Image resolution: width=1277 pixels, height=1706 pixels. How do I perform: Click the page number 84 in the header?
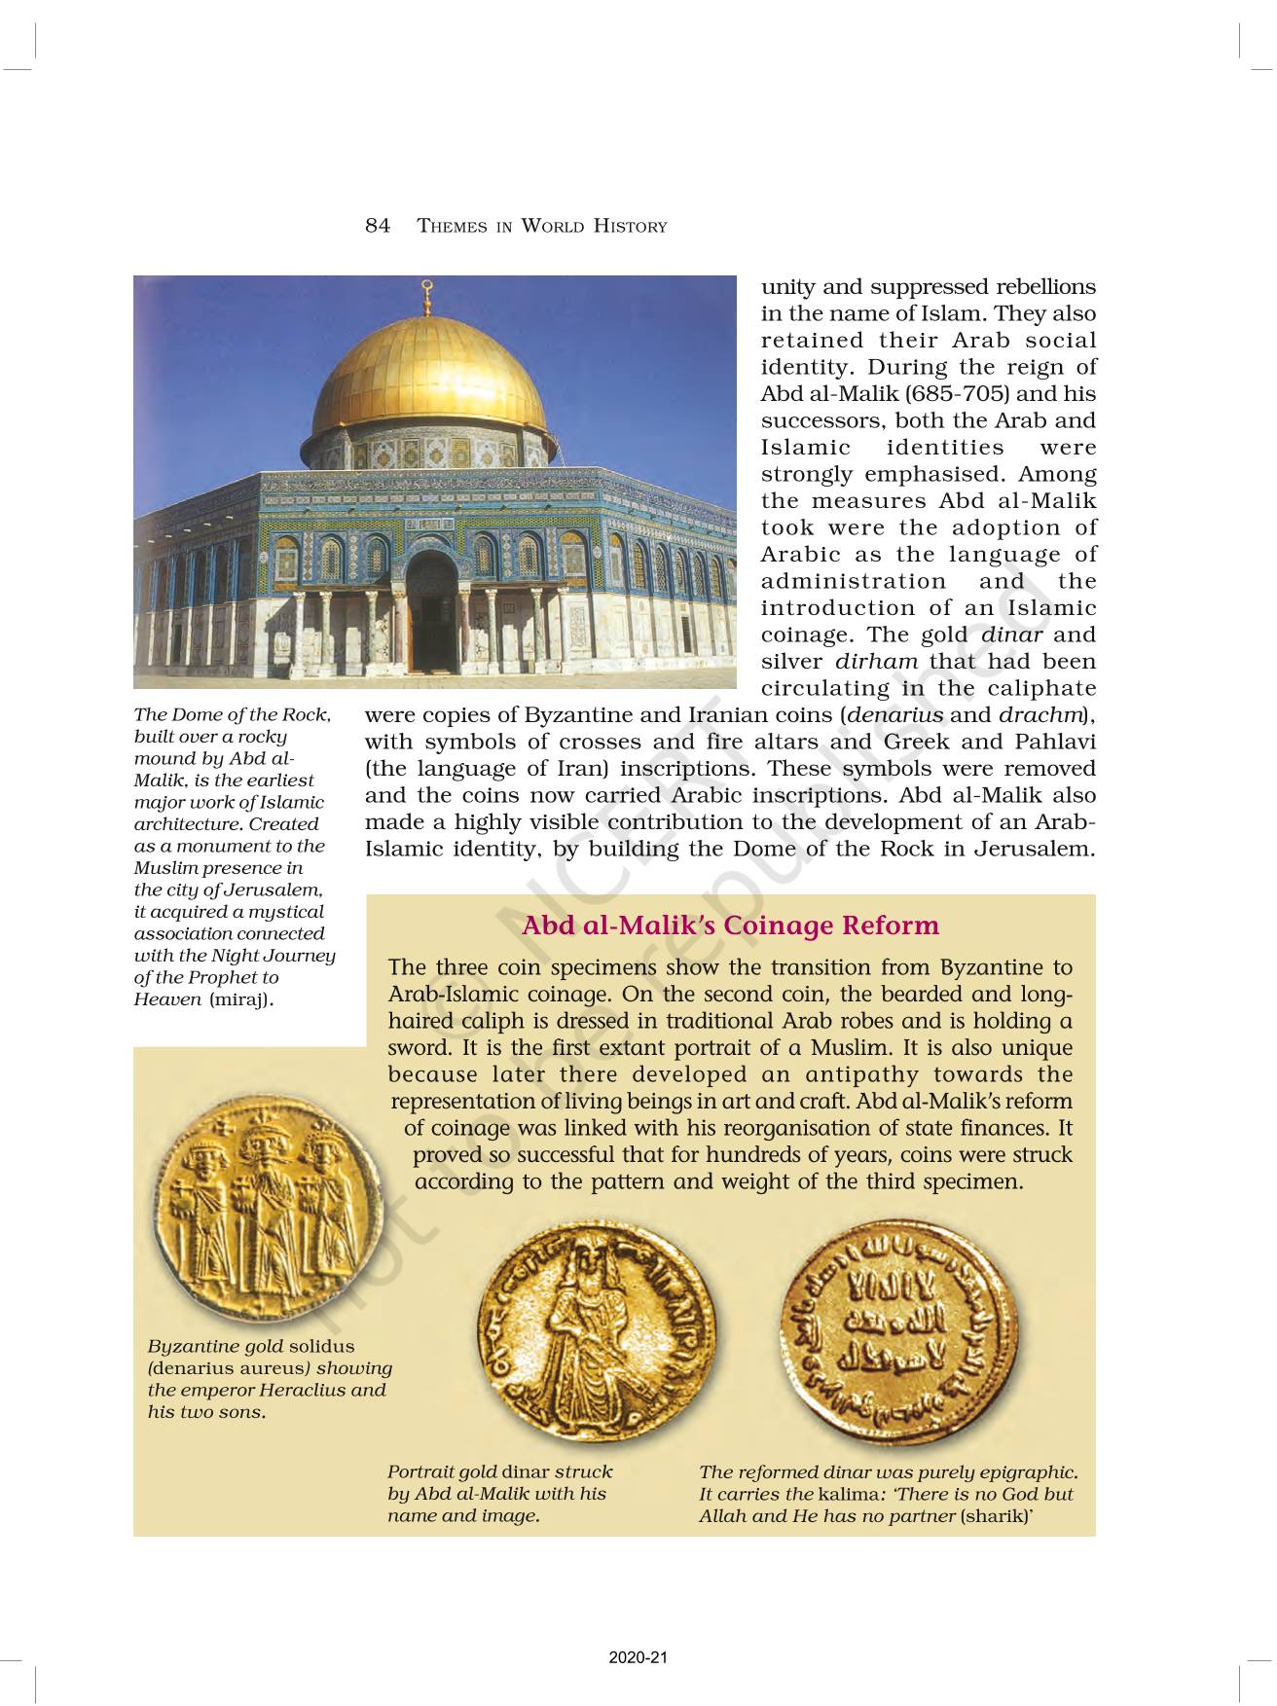(378, 226)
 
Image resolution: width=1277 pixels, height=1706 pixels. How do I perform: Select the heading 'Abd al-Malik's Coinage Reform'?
(730, 925)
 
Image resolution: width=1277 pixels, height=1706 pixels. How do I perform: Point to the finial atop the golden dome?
(425, 291)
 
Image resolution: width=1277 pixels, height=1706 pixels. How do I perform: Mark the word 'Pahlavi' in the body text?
(1055, 742)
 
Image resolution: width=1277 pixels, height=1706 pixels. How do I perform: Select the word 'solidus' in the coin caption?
(322, 1347)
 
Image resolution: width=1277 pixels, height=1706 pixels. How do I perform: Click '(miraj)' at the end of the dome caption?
(241, 999)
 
